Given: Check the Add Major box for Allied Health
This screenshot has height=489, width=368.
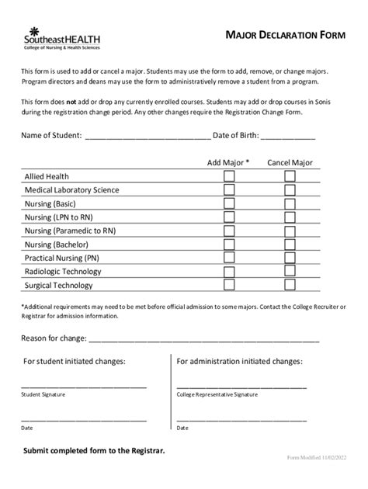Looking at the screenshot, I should pos(229,176).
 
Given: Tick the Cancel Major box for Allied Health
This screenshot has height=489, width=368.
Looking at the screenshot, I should pos(290,176).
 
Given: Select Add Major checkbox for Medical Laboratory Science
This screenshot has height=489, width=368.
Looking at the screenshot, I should pos(229,190).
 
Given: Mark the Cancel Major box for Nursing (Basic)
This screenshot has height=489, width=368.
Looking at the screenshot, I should pos(290,203).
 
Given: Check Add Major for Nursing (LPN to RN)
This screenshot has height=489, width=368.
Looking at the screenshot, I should pos(229,217).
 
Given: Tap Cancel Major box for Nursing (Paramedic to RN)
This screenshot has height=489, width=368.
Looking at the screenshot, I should pos(290,231).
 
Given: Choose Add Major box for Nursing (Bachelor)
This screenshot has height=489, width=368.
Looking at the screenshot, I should pos(229,244).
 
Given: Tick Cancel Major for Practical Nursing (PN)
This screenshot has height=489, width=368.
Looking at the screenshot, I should pos(290,258).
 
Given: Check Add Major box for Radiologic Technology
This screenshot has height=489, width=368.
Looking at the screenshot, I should pos(229,272).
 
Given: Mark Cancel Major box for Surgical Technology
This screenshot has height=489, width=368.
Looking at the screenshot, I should pos(290,285).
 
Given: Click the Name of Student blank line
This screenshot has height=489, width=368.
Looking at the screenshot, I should pos(148,137).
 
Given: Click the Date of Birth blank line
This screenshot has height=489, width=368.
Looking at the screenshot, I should pos(287,137).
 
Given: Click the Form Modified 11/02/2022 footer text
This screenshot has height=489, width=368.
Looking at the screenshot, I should pos(318,459).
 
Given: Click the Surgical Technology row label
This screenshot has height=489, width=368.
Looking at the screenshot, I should pos(58,286).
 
